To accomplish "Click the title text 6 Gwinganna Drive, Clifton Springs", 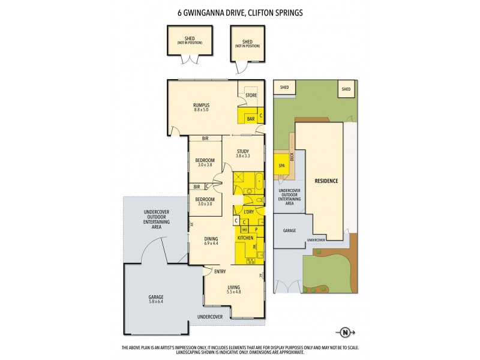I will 240,11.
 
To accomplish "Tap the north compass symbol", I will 344,332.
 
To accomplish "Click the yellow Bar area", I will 250,119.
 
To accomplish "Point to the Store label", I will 251,95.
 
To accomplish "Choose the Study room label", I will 242,152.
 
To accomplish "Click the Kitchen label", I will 245,238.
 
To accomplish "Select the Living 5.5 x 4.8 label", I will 233,291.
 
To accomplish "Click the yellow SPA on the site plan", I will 281,166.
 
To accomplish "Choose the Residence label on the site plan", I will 326,181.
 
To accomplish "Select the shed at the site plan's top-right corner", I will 346,89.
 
